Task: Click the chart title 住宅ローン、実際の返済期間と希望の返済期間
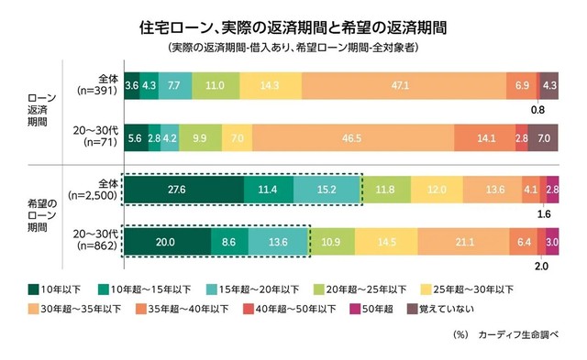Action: [x=294, y=25]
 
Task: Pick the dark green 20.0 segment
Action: [x=167, y=243]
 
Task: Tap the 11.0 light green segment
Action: [x=216, y=84]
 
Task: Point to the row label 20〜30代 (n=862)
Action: [x=93, y=243]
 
